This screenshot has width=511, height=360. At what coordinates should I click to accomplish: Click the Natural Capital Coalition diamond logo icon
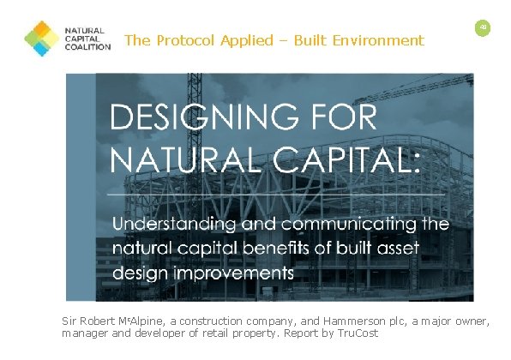point(42,39)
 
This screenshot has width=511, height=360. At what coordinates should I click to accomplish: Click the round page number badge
point(483,28)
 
